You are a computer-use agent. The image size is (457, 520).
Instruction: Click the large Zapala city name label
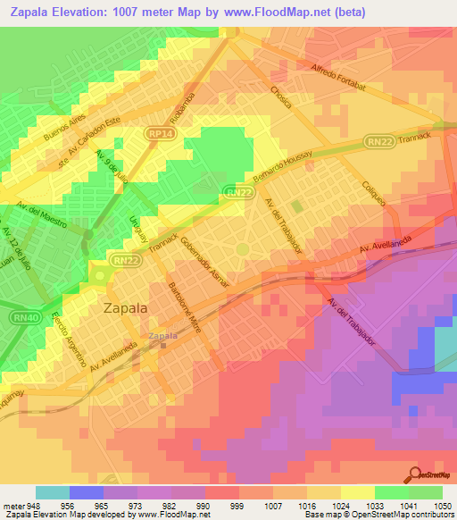click(127, 308)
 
